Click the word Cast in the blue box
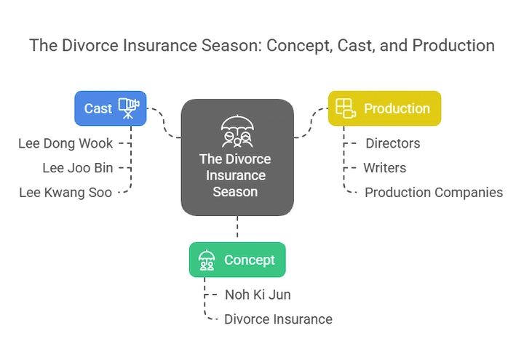[98, 108]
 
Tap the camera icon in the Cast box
[128, 107]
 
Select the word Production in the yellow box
[397, 108]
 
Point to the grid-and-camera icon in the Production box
[346, 108]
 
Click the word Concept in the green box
[249, 260]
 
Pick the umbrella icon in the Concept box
[207, 260]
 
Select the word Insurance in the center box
[237, 176]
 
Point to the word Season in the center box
[237, 192]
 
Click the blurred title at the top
[262, 47]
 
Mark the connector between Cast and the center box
[164, 124]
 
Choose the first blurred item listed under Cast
[66, 142]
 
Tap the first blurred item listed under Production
[392, 143]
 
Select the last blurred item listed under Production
[432, 193]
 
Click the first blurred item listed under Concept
[259, 295]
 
